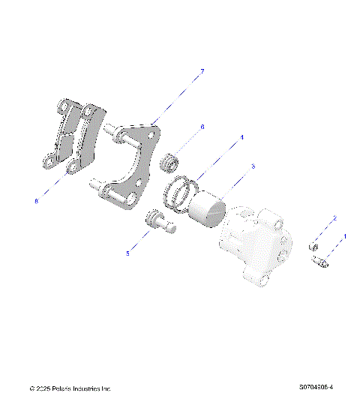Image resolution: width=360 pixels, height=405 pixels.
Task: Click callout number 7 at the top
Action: coord(201,71)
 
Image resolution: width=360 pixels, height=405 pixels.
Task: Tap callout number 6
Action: coord(202,128)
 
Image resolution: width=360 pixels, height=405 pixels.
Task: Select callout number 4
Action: coord(241,138)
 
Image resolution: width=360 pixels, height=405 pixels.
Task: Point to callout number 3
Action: coord(253,166)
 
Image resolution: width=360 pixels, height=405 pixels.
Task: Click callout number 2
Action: coord(334,218)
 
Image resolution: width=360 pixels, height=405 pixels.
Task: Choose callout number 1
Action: coord(344,236)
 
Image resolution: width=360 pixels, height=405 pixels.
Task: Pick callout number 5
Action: coord(127,253)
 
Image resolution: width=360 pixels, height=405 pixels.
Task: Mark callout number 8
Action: coord(36,200)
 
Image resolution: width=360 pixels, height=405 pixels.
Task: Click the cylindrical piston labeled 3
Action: coord(206,208)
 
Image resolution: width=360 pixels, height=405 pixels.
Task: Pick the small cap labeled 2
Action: coord(315,246)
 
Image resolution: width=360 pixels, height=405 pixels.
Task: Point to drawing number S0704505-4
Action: coord(316,389)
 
